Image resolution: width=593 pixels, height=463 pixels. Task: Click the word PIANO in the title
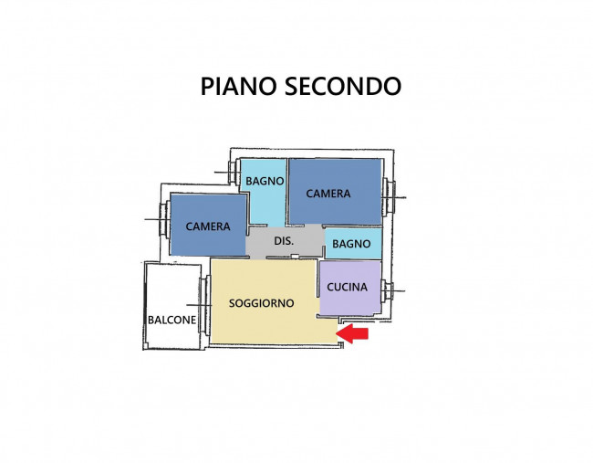(239, 86)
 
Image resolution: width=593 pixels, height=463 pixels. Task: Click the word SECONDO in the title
(342, 86)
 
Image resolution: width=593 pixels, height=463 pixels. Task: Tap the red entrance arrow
(354, 335)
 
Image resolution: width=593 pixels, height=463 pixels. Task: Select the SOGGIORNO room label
(261, 303)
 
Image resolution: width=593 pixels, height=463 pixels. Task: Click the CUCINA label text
(348, 287)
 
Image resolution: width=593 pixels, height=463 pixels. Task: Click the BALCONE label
(171, 320)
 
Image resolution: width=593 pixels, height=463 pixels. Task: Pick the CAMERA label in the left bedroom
(207, 226)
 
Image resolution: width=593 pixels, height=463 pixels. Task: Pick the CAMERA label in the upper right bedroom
(328, 194)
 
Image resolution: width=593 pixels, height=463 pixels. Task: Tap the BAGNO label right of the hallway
(351, 244)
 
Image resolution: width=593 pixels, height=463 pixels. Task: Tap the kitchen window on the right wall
(388, 291)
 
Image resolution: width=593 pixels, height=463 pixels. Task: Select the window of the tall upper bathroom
(233, 172)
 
